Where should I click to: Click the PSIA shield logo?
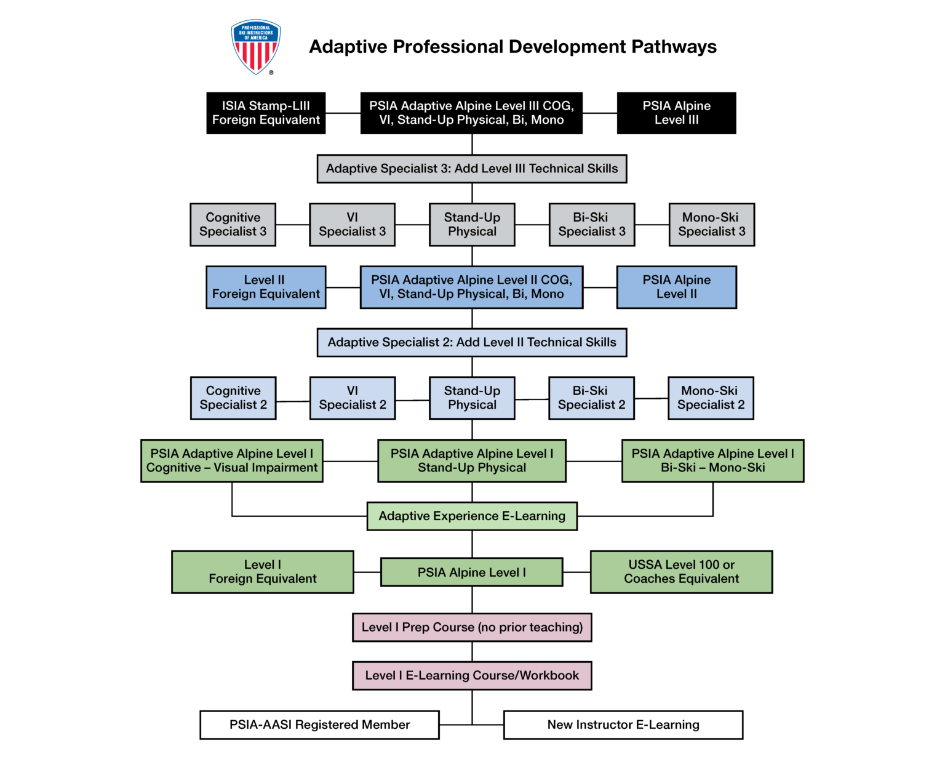coord(256,47)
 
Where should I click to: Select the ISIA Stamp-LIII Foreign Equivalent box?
coord(266,113)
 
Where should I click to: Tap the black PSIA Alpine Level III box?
coord(676,113)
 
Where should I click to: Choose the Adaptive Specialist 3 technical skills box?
coord(472,169)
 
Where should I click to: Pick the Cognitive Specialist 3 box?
coord(233,225)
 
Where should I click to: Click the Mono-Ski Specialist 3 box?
coord(711,225)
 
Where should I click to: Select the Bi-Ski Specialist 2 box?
coord(591,398)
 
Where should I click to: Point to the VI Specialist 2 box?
coord(353,398)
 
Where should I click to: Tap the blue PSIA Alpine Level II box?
coord(676,287)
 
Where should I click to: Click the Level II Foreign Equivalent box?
coord(266,287)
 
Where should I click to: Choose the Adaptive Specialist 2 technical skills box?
coord(472,342)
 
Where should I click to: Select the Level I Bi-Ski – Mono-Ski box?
coord(712,460)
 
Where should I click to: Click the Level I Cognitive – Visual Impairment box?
coord(232,460)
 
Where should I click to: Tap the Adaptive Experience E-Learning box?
coord(472,516)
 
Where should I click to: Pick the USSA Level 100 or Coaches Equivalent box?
coord(681,572)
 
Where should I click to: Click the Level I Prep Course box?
coord(472,627)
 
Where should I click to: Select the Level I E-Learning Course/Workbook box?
coord(472,675)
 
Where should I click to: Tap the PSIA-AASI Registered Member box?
coord(319,724)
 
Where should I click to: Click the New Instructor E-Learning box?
coord(623,724)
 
